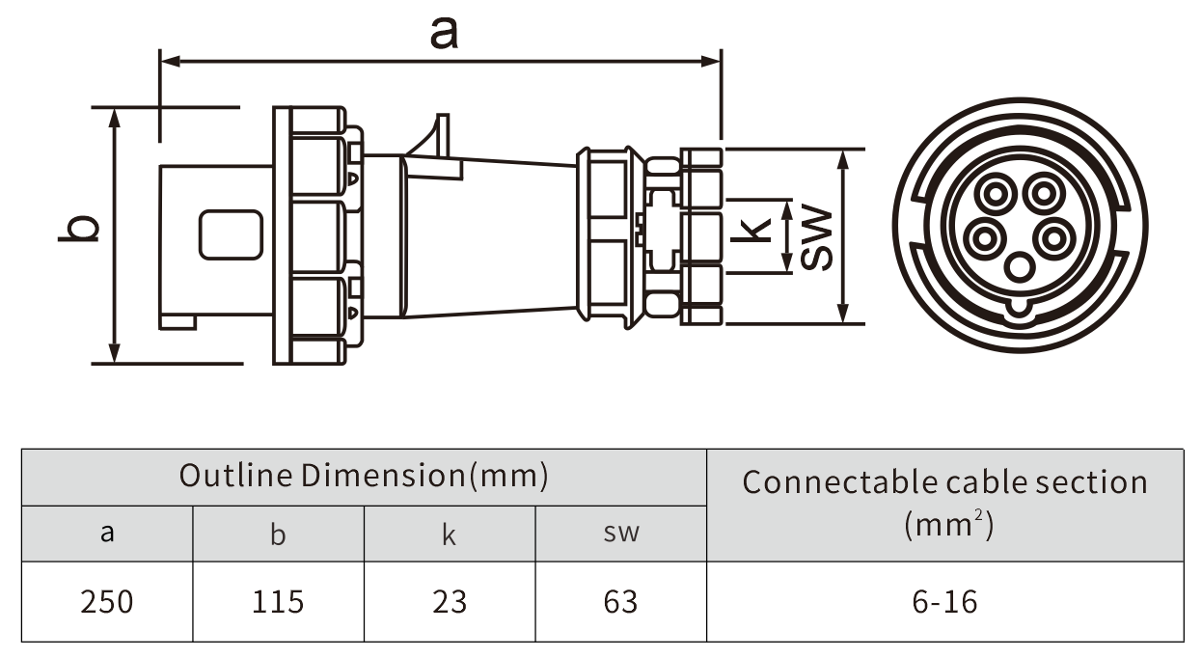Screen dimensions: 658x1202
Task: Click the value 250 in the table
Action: (107, 602)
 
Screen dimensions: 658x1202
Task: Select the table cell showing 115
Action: (278, 602)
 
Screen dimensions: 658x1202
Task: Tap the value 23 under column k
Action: (450, 602)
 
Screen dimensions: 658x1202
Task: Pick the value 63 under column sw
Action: (620, 602)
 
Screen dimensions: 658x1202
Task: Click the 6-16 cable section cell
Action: (944, 602)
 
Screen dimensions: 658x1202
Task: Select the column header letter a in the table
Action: (107, 533)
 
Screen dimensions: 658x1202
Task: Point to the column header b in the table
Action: (278, 534)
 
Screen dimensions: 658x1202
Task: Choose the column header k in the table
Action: (449, 534)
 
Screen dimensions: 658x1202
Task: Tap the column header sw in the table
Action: (620, 533)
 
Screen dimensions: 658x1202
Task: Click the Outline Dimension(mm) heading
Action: (364, 476)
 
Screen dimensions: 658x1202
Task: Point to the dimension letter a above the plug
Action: (444, 34)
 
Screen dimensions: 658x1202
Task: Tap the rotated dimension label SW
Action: (818, 237)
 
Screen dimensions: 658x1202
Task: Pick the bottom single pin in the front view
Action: (1020, 267)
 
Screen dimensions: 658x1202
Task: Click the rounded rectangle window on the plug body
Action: (232, 234)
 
